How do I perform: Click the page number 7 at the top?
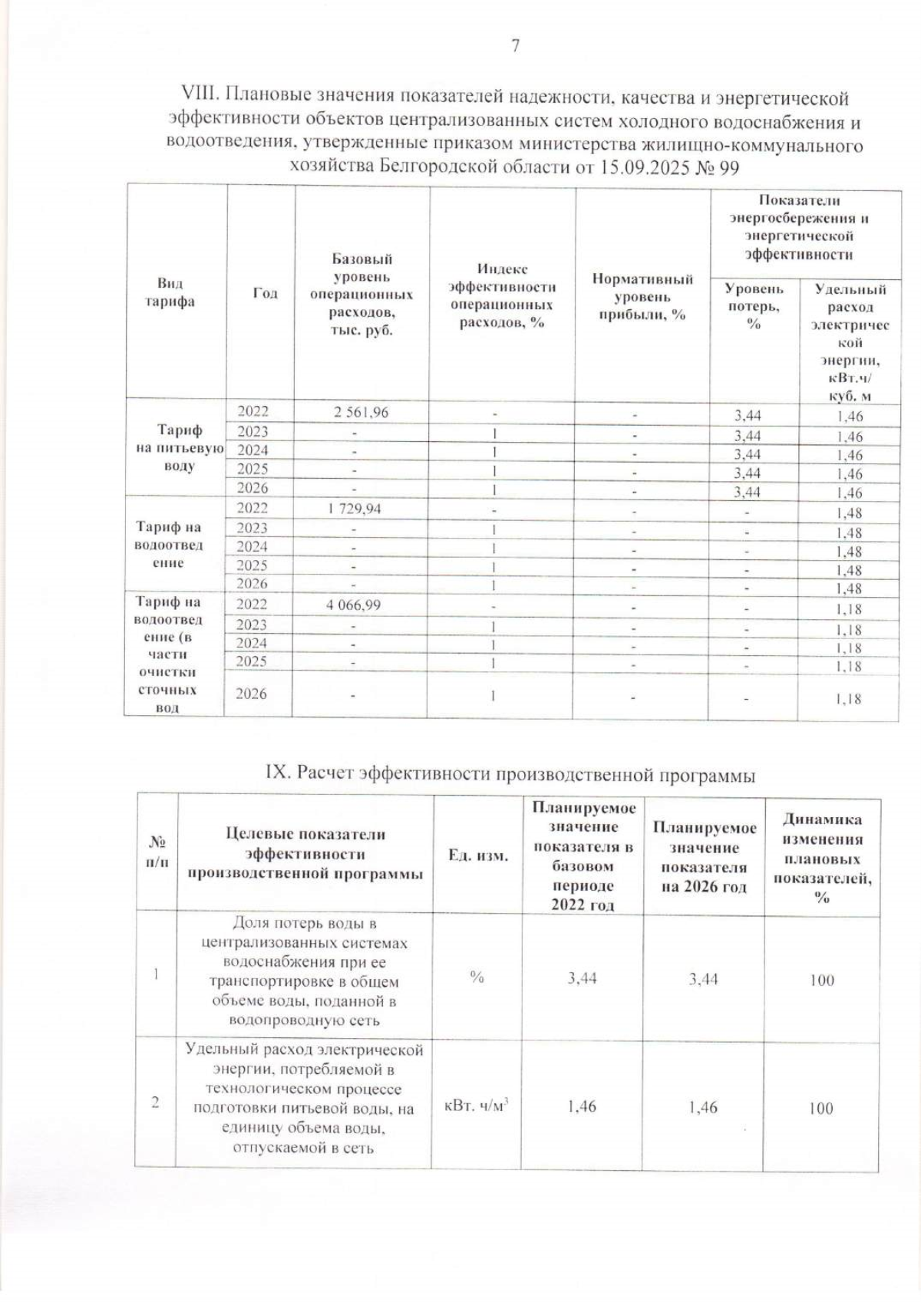coord(515,46)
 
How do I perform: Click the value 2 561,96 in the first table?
coord(361,412)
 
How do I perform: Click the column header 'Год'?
coord(265,293)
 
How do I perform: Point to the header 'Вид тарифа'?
coord(170,292)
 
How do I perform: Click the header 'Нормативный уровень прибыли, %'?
coord(642,297)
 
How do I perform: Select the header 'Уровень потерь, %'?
coord(754,306)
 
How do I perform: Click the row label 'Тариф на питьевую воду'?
coord(179,448)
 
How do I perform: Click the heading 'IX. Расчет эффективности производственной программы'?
coord(510,775)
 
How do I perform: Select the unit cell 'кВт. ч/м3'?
coord(477,1106)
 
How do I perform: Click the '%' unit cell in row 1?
coord(477,977)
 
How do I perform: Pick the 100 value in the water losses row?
coord(821,980)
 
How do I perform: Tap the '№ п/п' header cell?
coord(157,852)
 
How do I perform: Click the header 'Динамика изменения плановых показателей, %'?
coord(822,858)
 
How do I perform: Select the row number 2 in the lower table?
coord(156,1103)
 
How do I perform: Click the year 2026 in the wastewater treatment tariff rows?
coord(251,694)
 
